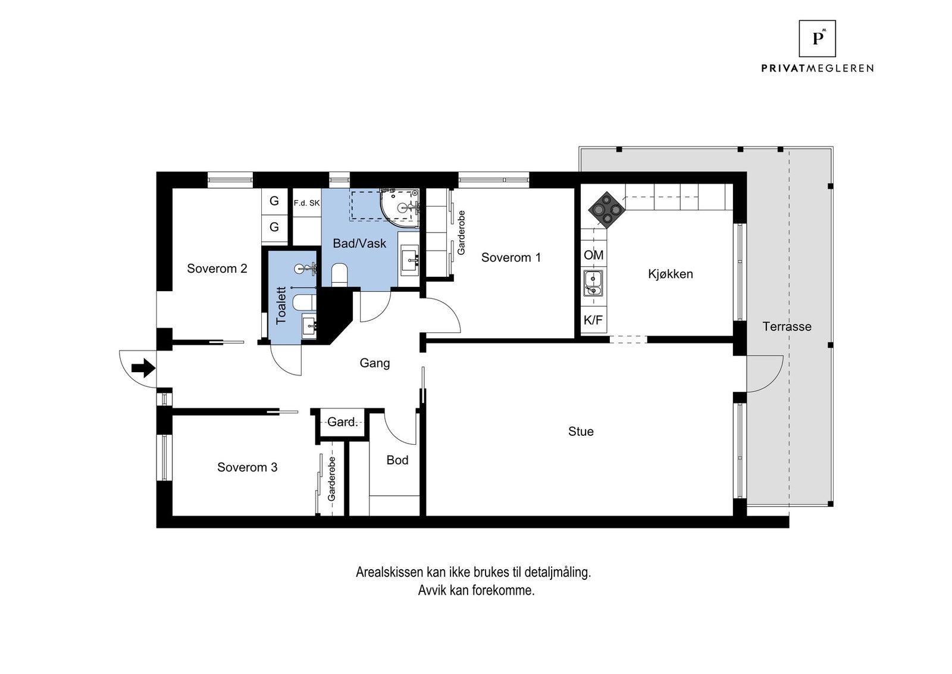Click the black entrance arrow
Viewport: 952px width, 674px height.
click(x=143, y=368)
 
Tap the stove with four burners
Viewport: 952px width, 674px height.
click(x=606, y=210)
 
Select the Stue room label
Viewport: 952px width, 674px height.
click(x=581, y=431)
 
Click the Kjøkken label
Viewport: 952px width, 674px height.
click(x=670, y=274)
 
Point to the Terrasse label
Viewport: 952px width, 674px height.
click(x=787, y=327)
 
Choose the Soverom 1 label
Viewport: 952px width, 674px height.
click(x=511, y=257)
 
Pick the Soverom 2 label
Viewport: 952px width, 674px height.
click(x=217, y=269)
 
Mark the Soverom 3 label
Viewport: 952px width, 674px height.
click(x=247, y=467)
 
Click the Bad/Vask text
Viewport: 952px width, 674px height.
click(x=359, y=244)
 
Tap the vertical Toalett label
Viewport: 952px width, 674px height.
click(x=281, y=306)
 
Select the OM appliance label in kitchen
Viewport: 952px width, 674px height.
click(x=593, y=255)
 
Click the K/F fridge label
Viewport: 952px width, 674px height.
click(x=593, y=320)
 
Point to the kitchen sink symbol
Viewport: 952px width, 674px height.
click(x=593, y=283)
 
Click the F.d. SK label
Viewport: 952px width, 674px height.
click(x=306, y=203)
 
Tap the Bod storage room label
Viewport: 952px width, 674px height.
click(x=397, y=460)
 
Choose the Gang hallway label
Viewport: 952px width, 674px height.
click(x=374, y=363)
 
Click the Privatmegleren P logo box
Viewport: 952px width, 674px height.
click(x=817, y=39)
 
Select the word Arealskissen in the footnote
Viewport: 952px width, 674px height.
click(x=390, y=572)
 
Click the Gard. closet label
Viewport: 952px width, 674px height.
click(x=342, y=422)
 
